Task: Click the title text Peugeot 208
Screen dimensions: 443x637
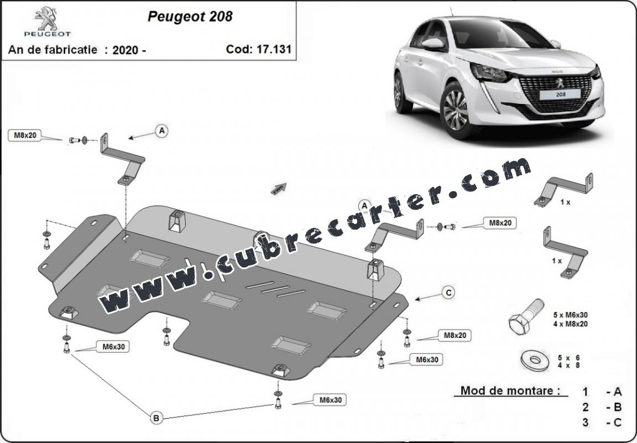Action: coord(190,17)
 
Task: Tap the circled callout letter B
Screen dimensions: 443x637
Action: coord(156,419)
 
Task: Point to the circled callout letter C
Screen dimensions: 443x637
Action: coord(448,293)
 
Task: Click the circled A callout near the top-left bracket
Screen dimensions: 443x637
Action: coord(161,131)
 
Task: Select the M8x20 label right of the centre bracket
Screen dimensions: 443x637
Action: coord(500,223)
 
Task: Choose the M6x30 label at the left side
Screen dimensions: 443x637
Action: coord(113,347)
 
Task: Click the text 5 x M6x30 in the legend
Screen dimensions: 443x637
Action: coord(570,314)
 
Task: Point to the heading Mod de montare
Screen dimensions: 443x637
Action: coord(507,391)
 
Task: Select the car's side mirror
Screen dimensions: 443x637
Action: coord(434,44)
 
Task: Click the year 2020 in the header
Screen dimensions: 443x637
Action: coord(124,49)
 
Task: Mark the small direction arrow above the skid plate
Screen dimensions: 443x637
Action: coord(279,189)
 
